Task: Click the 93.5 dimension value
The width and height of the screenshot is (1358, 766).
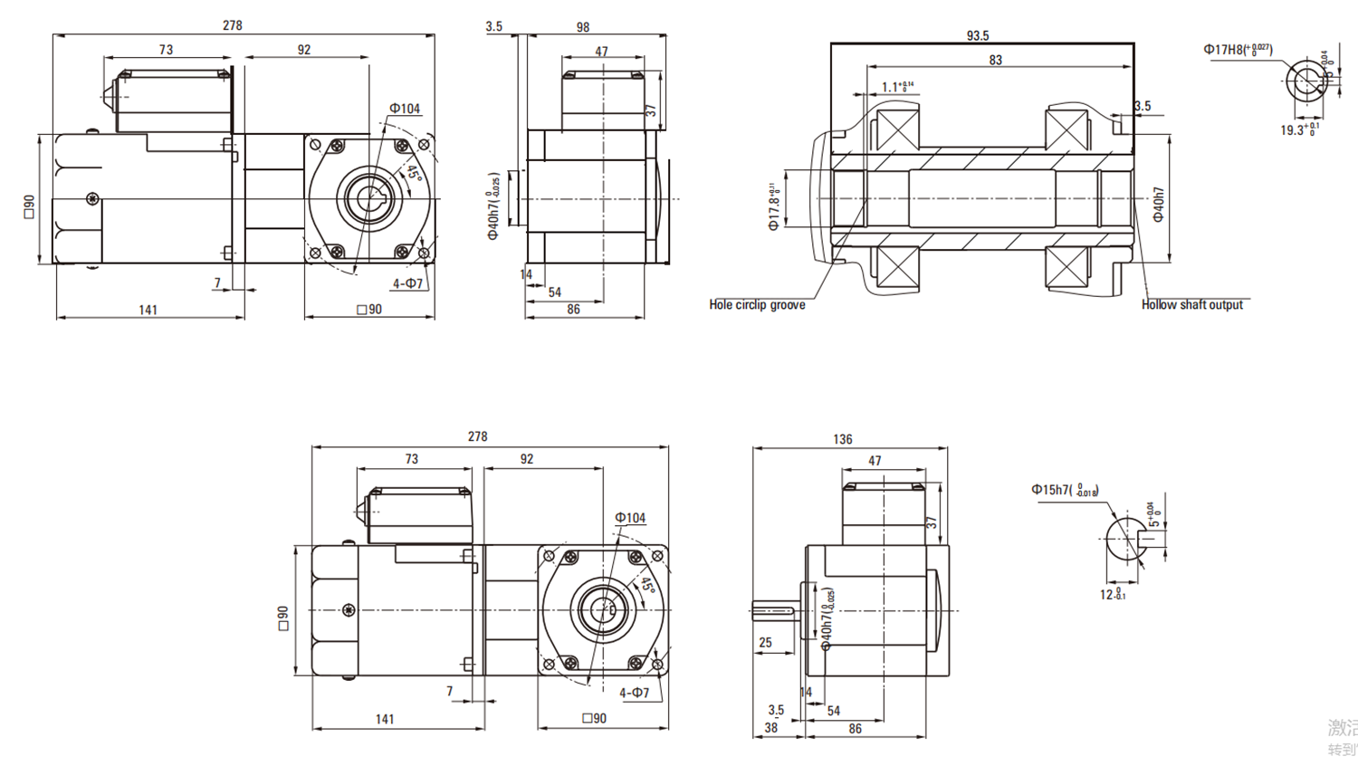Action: [978, 36]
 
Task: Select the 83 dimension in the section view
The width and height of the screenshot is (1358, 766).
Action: [996, 61]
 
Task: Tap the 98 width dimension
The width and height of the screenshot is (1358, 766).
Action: [583, 28]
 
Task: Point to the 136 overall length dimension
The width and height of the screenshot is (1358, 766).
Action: [842, 439]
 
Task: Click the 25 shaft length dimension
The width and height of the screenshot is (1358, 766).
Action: [765, 643]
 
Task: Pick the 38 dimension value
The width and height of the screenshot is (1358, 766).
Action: [770, 728]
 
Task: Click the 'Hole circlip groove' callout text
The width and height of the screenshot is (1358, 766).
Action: [757, 305]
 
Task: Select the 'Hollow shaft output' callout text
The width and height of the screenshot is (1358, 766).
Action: [1191, 305]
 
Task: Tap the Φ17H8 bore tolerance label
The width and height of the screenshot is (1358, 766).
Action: [1237, 50]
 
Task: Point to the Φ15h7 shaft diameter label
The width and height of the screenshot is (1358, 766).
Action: [1064, 490]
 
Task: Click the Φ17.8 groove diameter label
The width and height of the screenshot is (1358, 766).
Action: [773, 207]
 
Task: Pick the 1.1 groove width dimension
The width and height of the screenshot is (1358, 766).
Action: [896, 87]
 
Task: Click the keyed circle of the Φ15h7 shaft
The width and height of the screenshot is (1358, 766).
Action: [1125, 540]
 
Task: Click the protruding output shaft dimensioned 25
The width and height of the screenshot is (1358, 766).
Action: [775, 611]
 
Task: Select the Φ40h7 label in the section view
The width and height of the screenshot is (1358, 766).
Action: [1158, 205]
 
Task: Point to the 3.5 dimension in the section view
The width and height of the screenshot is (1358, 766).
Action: [1143, 106]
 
